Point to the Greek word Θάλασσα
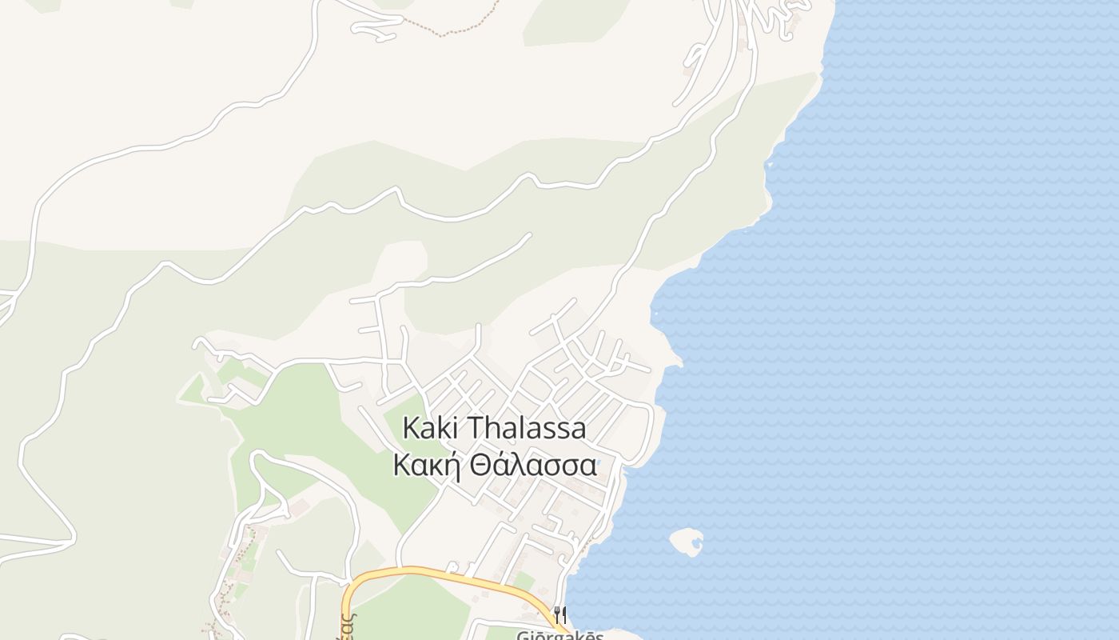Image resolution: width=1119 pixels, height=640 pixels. [533, 465]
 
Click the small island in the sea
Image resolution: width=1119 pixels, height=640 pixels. [686, 542]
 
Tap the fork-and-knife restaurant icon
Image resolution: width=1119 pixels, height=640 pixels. [560, 615]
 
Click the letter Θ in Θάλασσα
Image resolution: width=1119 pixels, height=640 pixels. [480, 465]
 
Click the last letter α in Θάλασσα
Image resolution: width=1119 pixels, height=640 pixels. [587, 466]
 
